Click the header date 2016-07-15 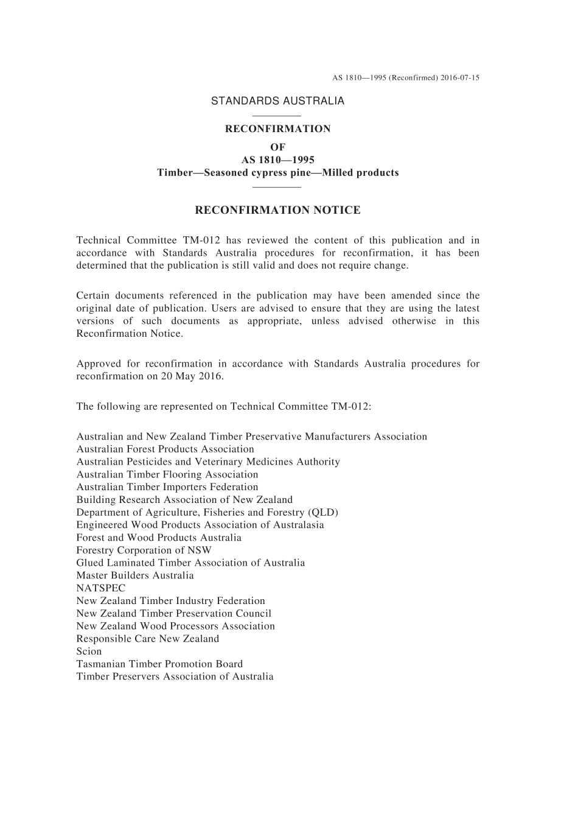(x=460, y=78)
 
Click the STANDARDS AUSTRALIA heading (x=277, y=101)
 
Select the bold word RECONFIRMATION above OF (x=277, y=129)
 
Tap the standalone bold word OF (x=277, y=147)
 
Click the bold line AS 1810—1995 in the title (x=277, y=160)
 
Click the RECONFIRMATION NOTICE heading (x=277, y=211)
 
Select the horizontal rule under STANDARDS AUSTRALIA (x=277, y=116)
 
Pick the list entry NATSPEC (x=101, y=588)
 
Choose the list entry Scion (x=89, y=652)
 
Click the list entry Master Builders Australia (x=135, y=575)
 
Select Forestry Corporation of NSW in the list (x=144, y=550)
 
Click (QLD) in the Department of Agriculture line (x=323, y=513)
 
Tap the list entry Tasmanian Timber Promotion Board (x=159, y=664)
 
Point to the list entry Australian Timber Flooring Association (x=167, y=475)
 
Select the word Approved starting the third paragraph (x=97, y=364)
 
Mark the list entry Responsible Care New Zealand (x=148, y=639)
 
